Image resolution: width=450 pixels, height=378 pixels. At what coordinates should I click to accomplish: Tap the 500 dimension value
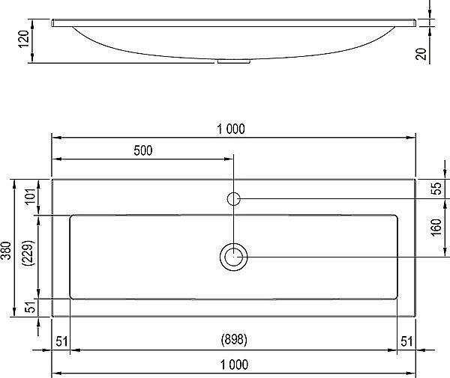[x=143, y=150]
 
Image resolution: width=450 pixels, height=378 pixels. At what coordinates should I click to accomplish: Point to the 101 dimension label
[x=30, y=198]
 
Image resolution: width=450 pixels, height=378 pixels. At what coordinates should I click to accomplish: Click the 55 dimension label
[x=436, y=189]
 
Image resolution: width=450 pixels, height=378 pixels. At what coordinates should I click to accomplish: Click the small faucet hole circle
[x=233, y=198]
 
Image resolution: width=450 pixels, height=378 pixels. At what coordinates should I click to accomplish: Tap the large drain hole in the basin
[x=233, y=257]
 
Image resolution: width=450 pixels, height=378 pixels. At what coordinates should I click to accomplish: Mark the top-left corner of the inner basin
[x=71, y=216]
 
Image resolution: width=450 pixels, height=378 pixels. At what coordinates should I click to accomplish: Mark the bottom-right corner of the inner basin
[x=397, y=298]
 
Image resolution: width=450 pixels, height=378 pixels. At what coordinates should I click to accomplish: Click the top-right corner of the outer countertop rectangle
[x=415, y=179]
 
